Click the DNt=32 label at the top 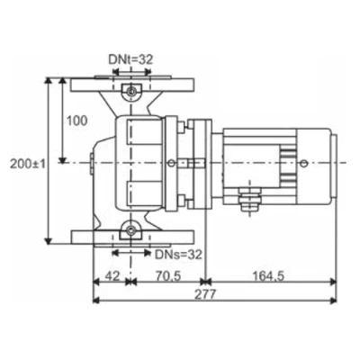pyautogui.click(x=131, y=58)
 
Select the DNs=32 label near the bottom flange pyautogui.click(x=174, y=255)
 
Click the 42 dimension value pyautogui.click(x=112, y=276)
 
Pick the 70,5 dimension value pyautogui.click(x=166, y=276)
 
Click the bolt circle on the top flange pyautogui.click(x=132, y=93)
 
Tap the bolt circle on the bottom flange pyautogui.click(x=132, y=233)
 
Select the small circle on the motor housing pyautogui.click(x=302, y=163)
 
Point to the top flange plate pyautogui.click(x=132, y=84)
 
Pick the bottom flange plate pyautogui.click(x=132, y=239)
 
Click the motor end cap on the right pyautogui.click(x=331, y=162)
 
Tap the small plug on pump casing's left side pyautogui.click(x=92, y=164)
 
